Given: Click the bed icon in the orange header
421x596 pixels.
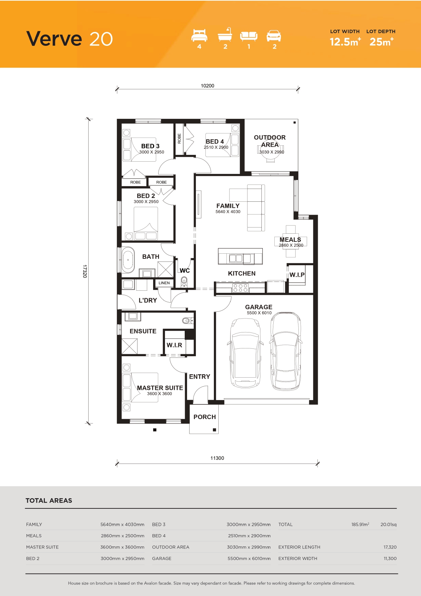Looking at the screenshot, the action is [199, 35].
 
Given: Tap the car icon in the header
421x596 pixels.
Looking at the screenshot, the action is [274, 36].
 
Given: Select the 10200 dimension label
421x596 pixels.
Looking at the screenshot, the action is [207, 86].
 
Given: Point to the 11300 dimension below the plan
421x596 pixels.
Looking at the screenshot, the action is [217, 458].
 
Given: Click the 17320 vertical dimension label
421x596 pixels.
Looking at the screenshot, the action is [85, 271].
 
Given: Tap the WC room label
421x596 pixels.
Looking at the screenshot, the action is [185, 271].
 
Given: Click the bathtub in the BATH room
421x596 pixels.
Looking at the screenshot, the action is [128, 260].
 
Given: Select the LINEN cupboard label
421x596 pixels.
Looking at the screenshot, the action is [164, 283].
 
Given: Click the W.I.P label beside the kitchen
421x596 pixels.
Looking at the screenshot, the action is [297, 275].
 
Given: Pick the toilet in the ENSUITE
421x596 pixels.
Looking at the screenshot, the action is [187, 320].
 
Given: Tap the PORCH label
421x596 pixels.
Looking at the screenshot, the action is [205, 417].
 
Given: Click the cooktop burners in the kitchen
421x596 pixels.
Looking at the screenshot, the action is [240, 288].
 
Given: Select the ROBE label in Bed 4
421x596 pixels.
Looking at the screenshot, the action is [179, 139].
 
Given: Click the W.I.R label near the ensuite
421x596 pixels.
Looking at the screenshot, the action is [175, 345].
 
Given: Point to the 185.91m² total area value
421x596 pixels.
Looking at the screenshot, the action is [360, 524].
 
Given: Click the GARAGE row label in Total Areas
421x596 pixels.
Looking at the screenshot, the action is [162, 558].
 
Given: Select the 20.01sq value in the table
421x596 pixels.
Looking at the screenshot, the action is [388, 524].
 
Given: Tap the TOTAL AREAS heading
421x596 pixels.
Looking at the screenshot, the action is [49, 501].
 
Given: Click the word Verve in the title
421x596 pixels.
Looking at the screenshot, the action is [54, 39].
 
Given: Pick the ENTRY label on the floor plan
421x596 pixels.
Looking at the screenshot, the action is [200, 377].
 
